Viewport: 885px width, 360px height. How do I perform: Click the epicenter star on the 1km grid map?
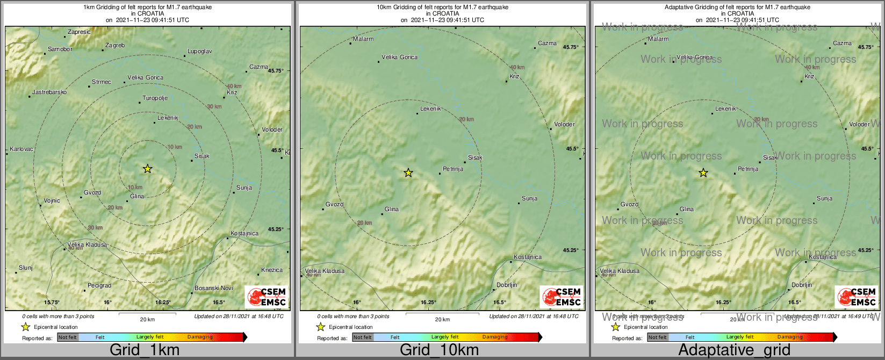click(x=148, y=169)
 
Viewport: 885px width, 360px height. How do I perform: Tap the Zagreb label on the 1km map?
click(x=115, y=46)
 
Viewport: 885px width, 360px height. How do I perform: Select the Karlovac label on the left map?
click(x=21, y=149)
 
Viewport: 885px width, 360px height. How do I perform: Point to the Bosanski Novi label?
click(x=214, y=289)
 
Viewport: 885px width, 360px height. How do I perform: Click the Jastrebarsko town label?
click(x=49, y=92)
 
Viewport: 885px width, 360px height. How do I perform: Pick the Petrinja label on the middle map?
click(x=453, y=169)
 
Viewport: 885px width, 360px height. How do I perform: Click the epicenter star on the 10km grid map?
click(x=408, y=172)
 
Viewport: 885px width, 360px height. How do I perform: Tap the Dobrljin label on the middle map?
click(x=507, y=285)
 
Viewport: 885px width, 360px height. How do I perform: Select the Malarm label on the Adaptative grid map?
click(x=658, y=39)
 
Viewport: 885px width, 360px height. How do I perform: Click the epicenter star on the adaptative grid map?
click(x=703, y=173)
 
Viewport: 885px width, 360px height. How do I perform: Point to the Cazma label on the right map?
click(x=842, y=44)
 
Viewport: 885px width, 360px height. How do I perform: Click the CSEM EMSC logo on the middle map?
click(x=560, y=297)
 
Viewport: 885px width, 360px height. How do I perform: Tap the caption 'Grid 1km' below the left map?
click(x=145, y=350)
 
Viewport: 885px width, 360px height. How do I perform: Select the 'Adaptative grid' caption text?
click(x=734, y=350)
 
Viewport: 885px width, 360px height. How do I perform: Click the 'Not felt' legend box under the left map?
click(x=68, y=337)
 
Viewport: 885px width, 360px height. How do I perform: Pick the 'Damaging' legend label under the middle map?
click(x=495, y=337)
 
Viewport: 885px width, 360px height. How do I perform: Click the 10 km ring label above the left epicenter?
click(x=175, y=147)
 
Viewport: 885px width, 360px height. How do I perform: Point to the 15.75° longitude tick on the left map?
click(x=52, y=303)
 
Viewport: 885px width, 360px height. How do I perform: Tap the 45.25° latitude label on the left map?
click(x=276, y=229)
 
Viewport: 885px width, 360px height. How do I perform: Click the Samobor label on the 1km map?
click(x=60, y=49)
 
